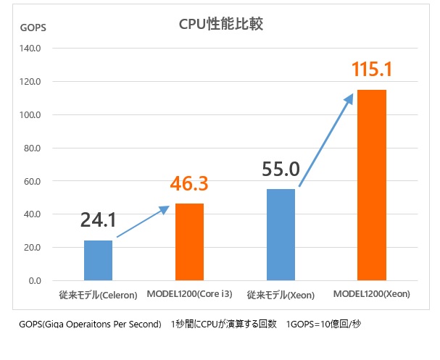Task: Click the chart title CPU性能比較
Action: (x=221, y=24)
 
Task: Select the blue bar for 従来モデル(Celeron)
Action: (x=98, y=260)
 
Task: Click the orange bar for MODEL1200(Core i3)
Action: (x=189, y=242)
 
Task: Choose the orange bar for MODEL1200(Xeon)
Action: (x=372, y=185)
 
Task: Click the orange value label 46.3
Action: (x=189, y=183)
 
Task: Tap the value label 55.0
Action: (x=281, y=169)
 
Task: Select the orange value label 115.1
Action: (x=372, y=70)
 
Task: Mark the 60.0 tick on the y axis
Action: (x=34, y=181)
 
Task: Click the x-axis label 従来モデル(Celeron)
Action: (x=98, y=296)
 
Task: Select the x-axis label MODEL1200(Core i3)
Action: (x=189, y=296)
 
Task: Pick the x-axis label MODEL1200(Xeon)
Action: (x=372, y=296)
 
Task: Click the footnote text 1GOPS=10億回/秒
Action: (x=323, y=324)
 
